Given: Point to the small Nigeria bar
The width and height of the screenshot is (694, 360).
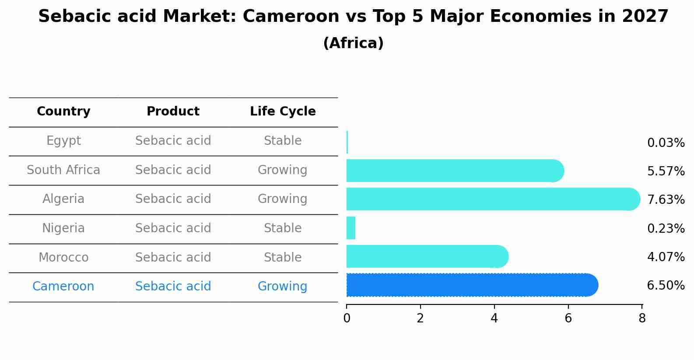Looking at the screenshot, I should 351,228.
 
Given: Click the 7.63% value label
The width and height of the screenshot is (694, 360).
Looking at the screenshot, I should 666,200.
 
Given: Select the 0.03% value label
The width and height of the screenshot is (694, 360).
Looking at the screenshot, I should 666,143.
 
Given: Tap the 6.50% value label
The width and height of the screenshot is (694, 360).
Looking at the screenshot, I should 666,286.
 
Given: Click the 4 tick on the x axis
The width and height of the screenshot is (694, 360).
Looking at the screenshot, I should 494,318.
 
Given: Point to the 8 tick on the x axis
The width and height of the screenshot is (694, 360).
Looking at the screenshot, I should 642,318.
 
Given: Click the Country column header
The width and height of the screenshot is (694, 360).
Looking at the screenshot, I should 63,112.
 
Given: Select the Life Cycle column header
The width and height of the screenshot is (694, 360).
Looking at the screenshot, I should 283,112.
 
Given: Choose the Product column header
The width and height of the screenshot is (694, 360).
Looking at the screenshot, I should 173,112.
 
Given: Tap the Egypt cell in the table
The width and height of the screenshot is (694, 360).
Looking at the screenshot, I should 63,141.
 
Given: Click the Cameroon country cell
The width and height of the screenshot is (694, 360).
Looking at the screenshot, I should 63,287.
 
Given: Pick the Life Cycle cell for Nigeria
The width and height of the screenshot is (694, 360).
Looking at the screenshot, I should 283,228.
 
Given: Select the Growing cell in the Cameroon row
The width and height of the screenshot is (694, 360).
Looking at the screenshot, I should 283,287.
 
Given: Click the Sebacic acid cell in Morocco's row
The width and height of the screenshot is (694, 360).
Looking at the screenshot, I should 173,257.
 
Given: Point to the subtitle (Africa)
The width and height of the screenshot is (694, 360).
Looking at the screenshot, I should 353,43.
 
